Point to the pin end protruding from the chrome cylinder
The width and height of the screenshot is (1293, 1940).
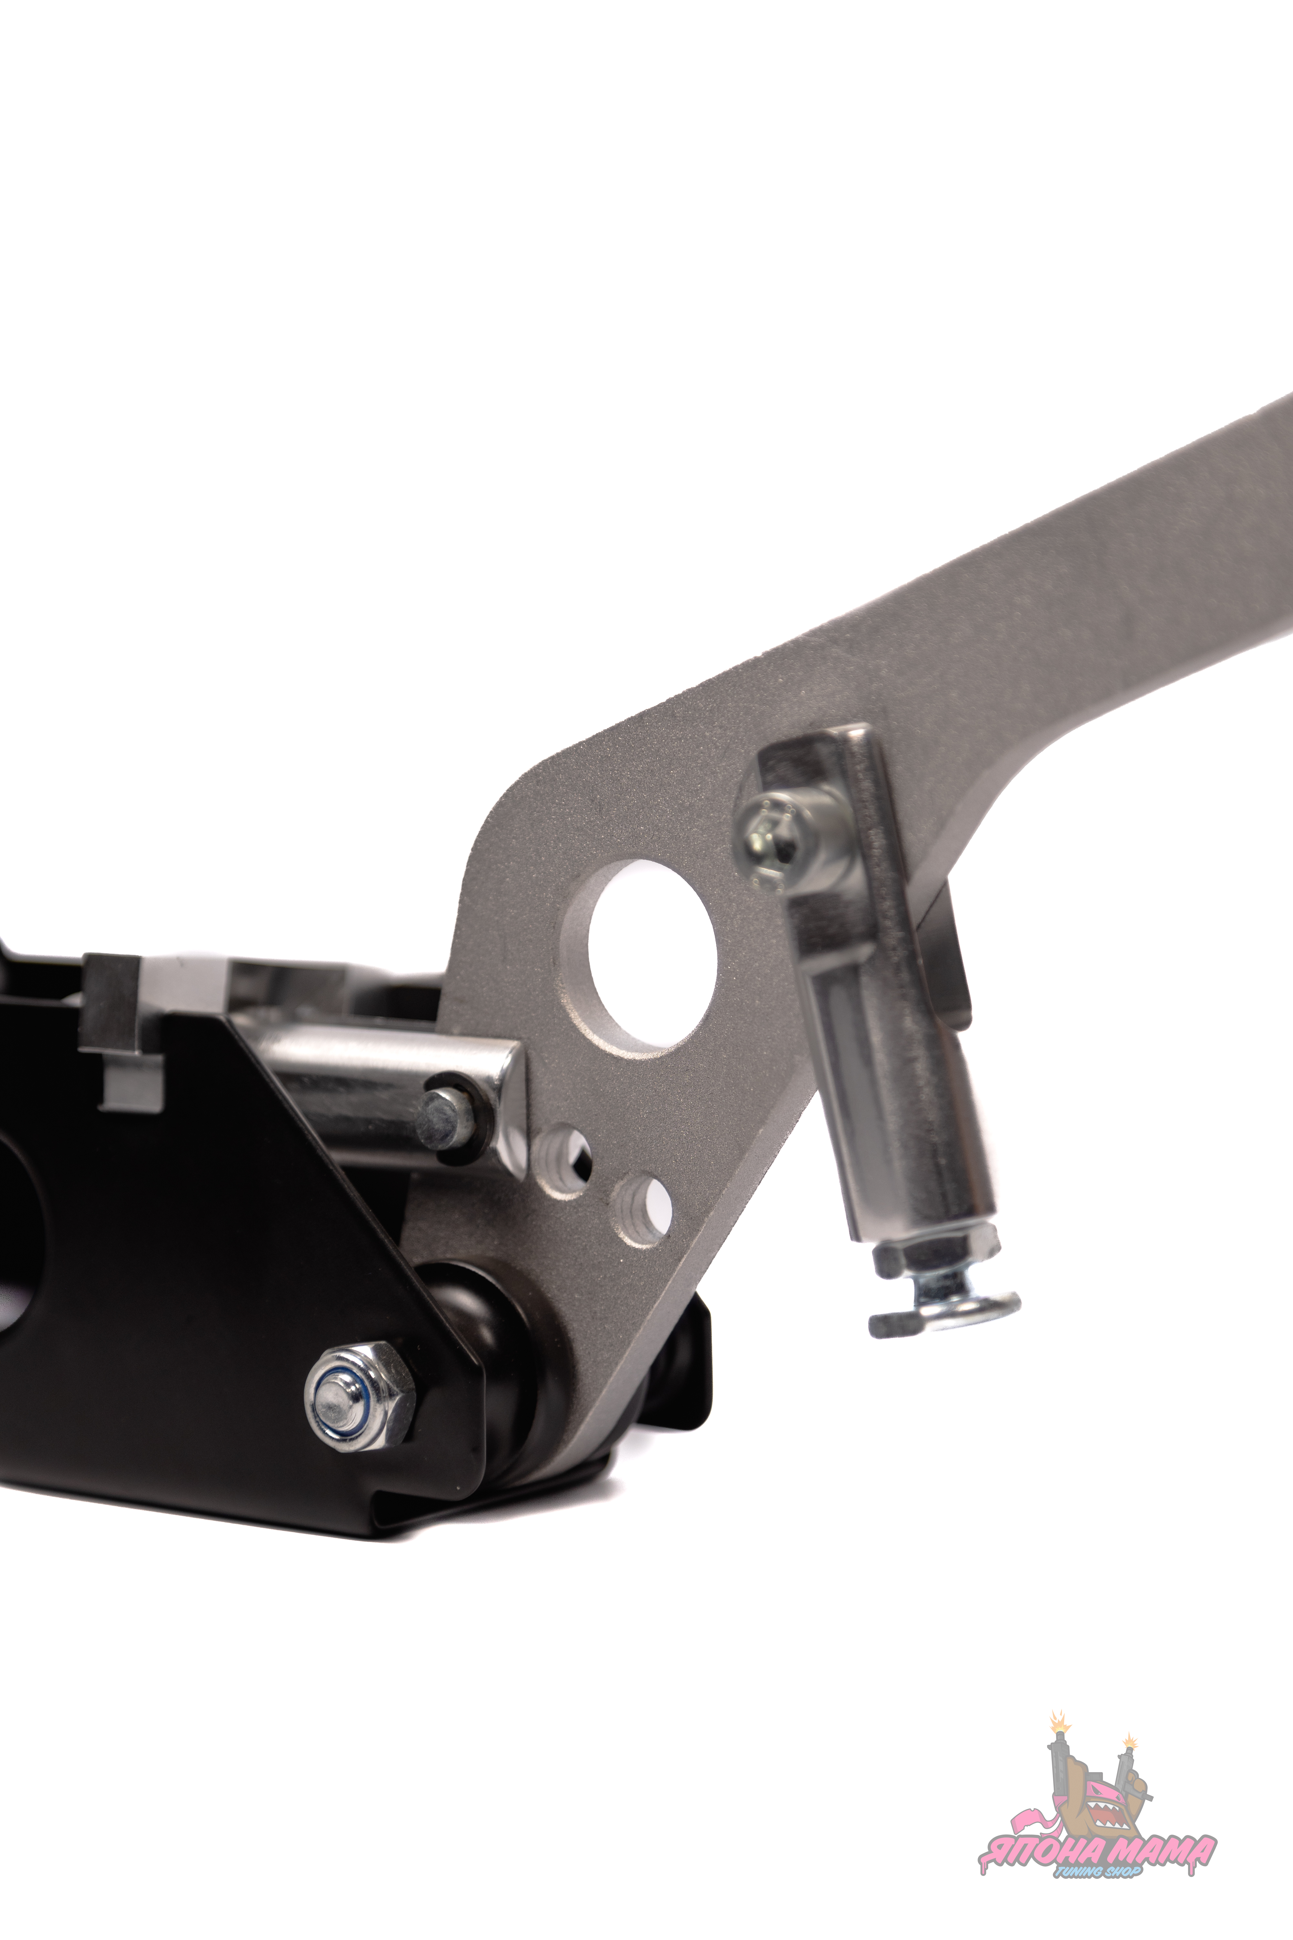coord(445,1118)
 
